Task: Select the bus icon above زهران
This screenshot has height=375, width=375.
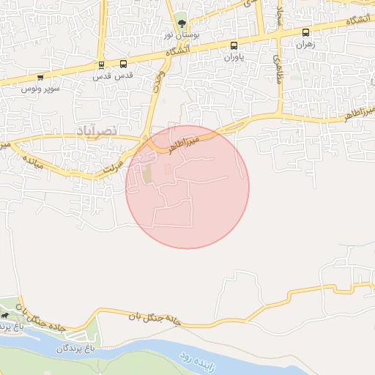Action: click(305, 33)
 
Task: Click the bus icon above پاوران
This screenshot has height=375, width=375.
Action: click(234, 45)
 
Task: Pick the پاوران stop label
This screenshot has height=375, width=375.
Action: click(231, 56)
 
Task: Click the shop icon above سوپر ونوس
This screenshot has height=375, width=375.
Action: click(40, 77)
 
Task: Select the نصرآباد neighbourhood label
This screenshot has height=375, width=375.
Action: click(95, 130)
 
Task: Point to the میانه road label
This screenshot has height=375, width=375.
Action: click(32, 160)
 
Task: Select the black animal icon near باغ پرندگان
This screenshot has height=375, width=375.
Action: click(6, 316)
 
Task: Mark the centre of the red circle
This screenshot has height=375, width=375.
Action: click(187, 187)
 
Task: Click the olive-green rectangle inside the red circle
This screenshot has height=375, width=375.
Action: click(147, 175)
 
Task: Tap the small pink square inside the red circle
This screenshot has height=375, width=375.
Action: click(168, 169)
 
